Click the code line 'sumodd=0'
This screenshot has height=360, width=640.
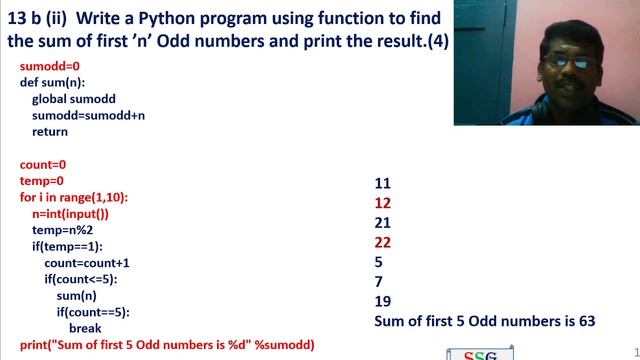tap(44, 66)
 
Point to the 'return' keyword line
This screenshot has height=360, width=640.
tap(50, 132)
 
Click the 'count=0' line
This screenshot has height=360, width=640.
tap(43, 164)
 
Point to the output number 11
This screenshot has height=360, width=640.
tap(382, 183)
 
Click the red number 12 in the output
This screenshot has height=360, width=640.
tap(382, 203)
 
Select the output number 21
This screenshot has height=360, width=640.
tap(382, 222)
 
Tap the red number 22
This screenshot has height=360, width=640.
tap(382, 242)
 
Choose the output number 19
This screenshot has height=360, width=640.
tap(382, 301)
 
